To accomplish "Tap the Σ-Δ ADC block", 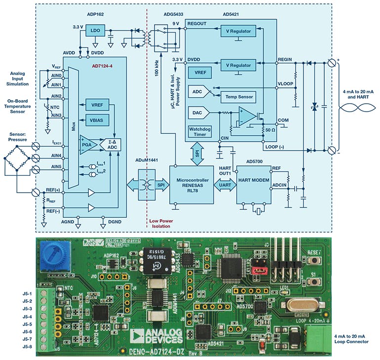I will [x=112, y=145].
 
